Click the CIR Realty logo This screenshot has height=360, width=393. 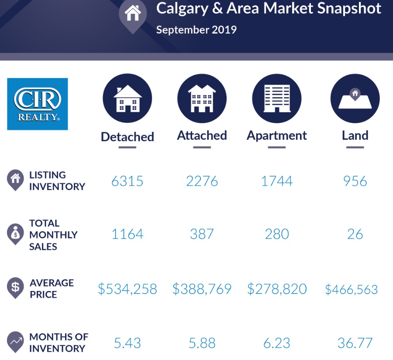tap(38, 104)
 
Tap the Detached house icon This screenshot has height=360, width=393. tap(127, 98)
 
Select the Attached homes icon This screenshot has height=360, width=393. tap(202, 98)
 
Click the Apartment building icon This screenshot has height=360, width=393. tap(277, 98)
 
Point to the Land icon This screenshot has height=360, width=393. tap(355, 98)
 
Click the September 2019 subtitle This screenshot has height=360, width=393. tap(196, 30)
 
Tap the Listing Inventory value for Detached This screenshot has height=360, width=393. tap(127, 181)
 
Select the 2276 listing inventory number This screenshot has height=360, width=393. tap(202, 181)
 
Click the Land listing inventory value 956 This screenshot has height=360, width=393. tap(355, 181)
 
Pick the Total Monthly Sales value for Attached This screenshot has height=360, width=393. tap(202, 234)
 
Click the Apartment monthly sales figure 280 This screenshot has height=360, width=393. tap(277, 234)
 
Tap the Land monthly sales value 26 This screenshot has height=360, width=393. tap(355, 234)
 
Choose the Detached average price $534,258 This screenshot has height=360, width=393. tap(127, 289)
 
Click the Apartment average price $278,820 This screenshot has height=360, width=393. tap(277, 289)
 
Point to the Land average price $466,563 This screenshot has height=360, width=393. tap(352, 289)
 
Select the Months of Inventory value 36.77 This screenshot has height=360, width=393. tap(355, 343)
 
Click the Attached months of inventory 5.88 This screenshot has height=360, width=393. tap(202, 343)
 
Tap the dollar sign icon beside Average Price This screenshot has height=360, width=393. tap(15, 287)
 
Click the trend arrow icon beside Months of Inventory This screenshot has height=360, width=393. tap(15, 341)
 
